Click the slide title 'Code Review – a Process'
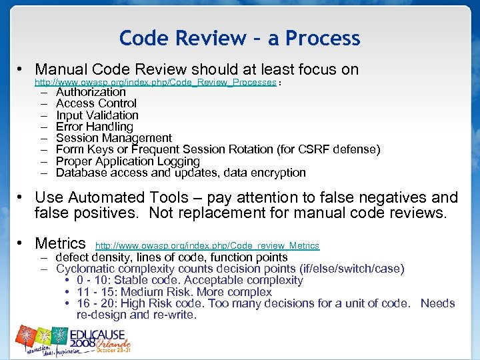[x=239, y=38]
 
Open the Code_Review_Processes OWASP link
[x=155, y=82]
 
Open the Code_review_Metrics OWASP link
[x=207, y=246]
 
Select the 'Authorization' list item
[x=91, y=92]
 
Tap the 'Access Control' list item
[x=96, y=103]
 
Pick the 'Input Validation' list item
[x=97, y=115]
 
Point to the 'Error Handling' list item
[x=95, y=127]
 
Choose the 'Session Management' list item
[x=114, y=138]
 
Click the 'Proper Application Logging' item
[x=128, y=161]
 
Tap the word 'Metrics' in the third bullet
[x=60, y=243]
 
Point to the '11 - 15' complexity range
[x=97, y=292]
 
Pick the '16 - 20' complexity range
[x=97, y=303]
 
